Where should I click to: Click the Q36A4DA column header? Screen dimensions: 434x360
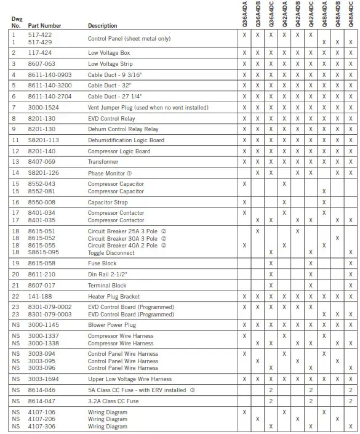[244, 14]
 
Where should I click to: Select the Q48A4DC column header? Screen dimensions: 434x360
[351, 14]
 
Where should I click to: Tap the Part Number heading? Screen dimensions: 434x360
[44, 26]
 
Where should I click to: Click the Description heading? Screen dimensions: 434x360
[103, 26]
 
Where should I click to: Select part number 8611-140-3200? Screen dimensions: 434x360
[50, 86]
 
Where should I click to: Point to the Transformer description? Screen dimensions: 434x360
[103, 162]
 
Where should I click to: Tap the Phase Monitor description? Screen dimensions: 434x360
[110, 173]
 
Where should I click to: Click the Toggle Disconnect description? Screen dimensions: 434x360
[111, 252]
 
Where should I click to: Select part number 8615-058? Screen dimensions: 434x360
[41, 263]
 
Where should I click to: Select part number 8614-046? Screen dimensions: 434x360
[41, 390]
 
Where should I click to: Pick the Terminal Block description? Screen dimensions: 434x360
[107, 285]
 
